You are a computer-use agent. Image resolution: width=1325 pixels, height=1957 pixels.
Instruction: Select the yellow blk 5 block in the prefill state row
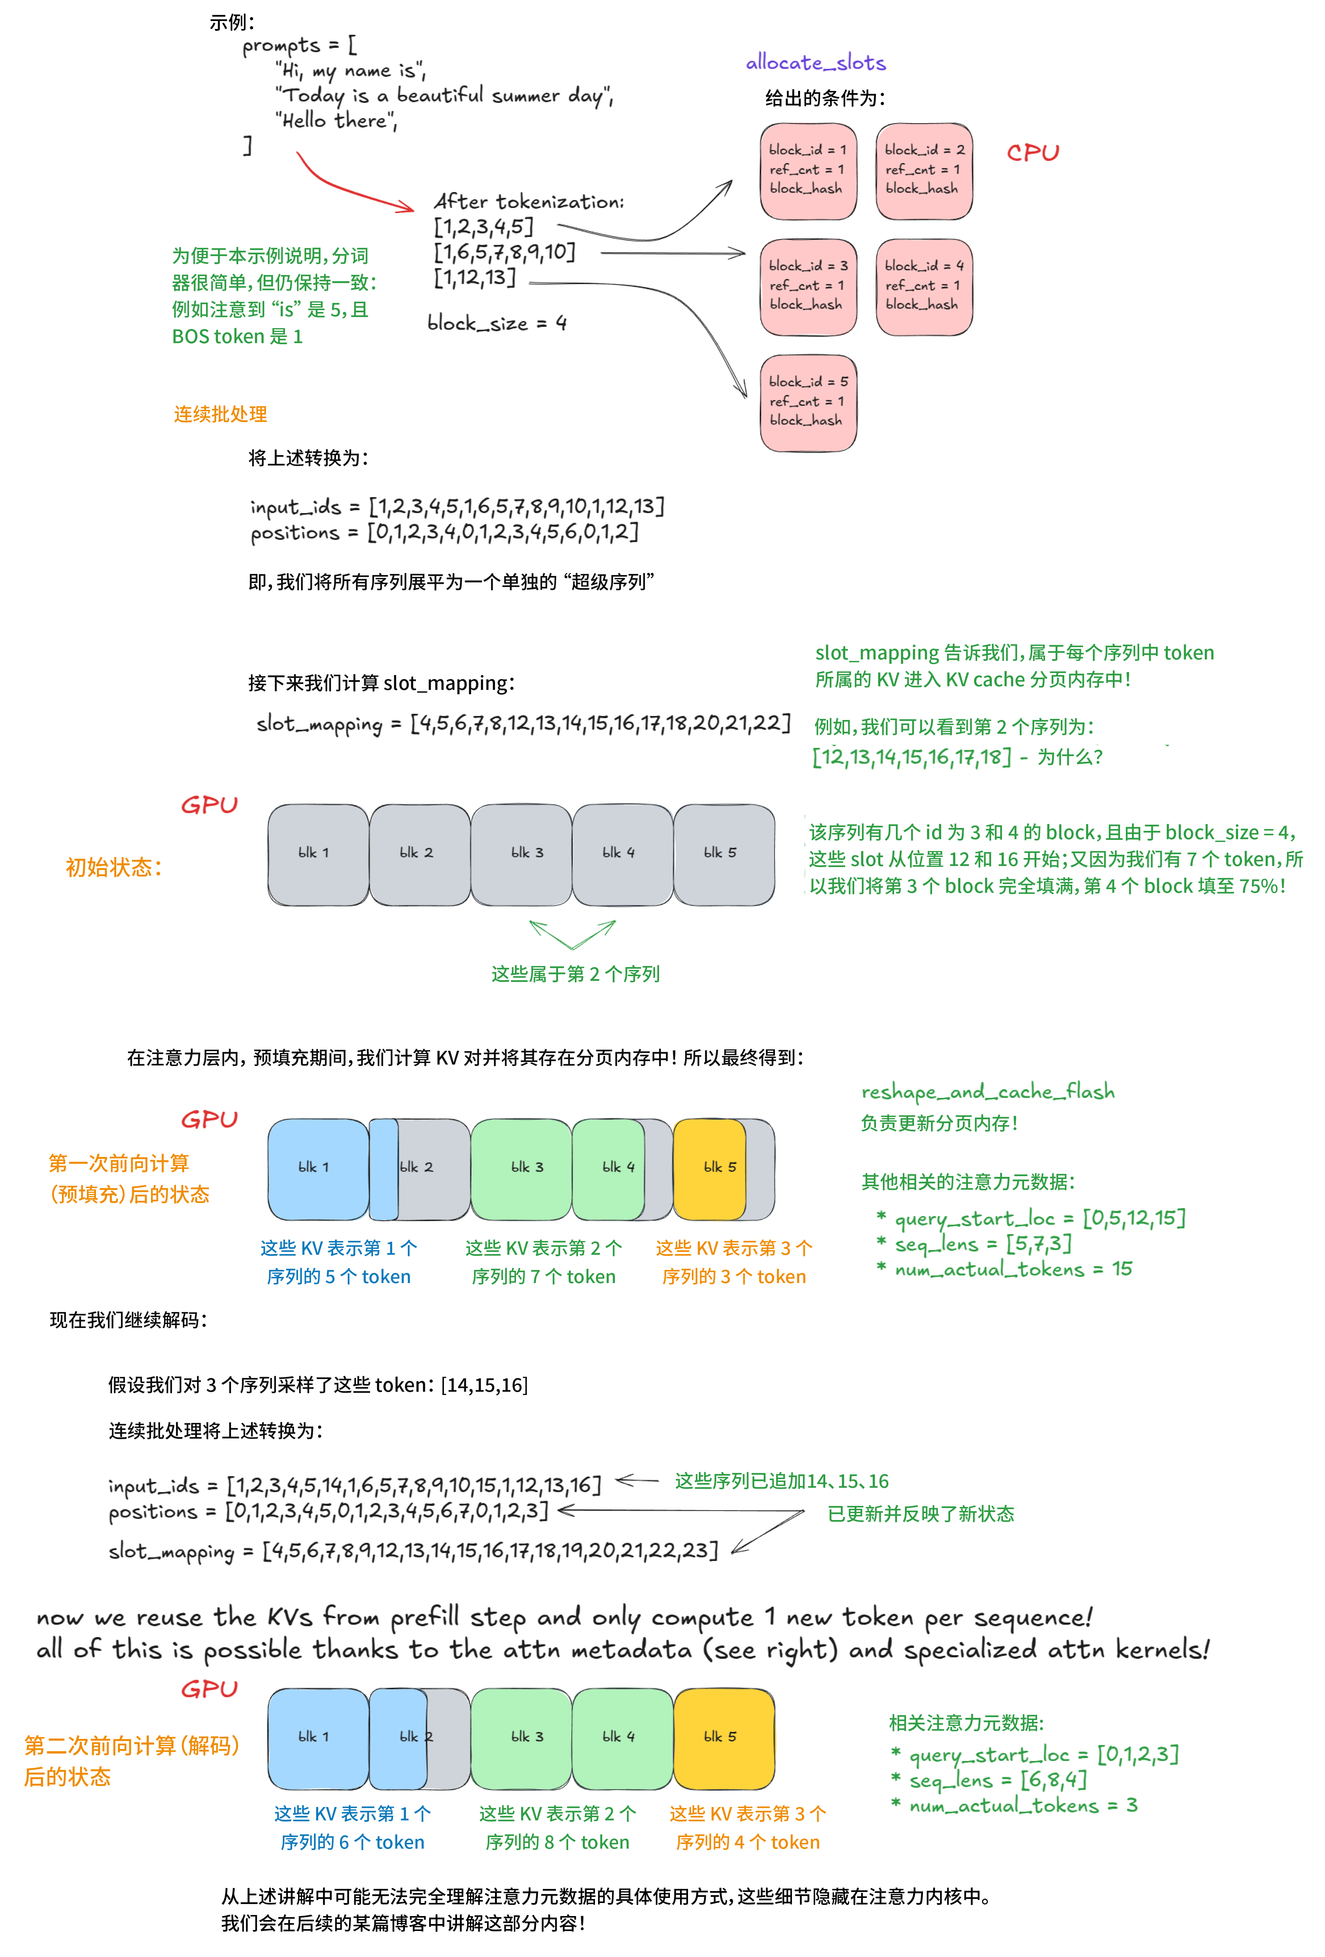tap(710, 1168)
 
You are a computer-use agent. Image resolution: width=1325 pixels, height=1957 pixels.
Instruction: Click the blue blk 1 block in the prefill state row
tap(317, 1168)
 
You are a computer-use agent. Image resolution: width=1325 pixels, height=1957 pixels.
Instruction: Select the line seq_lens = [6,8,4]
tap(998, 1780)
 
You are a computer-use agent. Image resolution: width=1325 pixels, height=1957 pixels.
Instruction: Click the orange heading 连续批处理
tap(221, 414)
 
